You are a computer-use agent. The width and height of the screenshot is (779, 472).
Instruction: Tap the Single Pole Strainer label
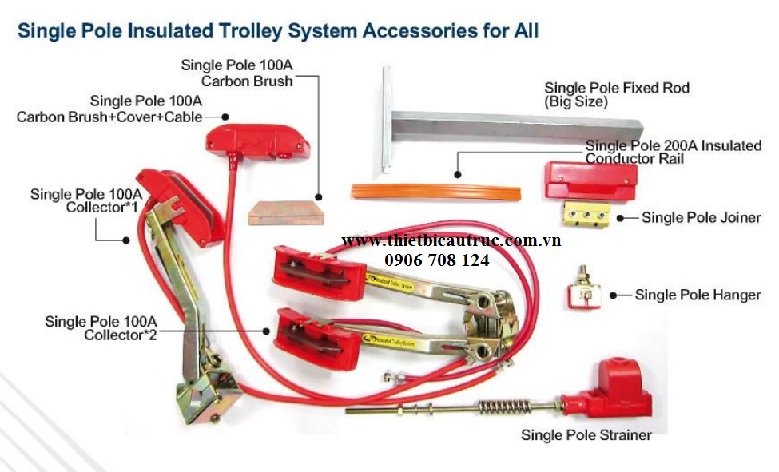(586, 435)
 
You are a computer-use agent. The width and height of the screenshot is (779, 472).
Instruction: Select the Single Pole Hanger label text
(697, 295)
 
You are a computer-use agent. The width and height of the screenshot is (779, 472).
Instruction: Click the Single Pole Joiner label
(701, 217)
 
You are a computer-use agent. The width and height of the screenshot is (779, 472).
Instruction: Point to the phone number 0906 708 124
(436, 260)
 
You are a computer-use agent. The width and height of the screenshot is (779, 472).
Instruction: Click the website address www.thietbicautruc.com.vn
(451, 240)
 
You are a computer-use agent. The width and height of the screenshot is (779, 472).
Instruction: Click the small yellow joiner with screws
(587, 214)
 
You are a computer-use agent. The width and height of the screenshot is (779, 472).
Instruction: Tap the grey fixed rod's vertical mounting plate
(387, 120)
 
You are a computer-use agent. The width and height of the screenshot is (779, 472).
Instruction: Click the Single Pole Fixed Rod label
(616, 88)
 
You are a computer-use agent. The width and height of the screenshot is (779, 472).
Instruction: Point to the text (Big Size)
(575, 102)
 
